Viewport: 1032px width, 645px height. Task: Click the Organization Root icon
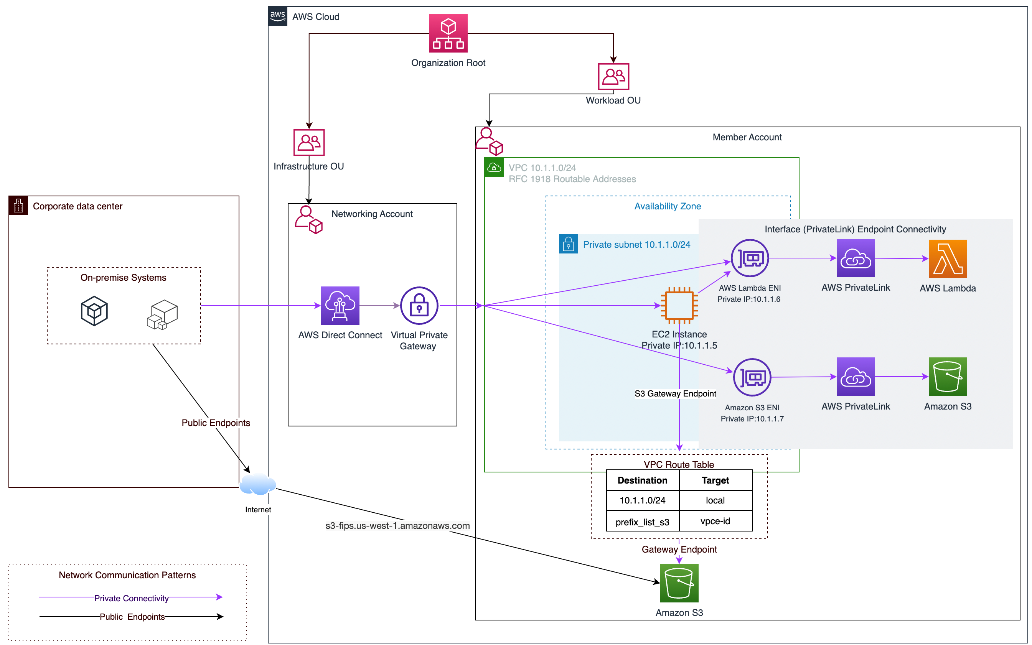tap(448, 33)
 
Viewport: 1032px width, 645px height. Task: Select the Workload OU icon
tap(613, 77)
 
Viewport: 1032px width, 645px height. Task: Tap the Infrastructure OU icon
tap(309, 143)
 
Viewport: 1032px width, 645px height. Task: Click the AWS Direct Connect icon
tap(340, 306)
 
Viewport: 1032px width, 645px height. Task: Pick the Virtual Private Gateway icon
tap(419, 306)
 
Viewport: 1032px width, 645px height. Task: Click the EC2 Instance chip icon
tap(679, 306)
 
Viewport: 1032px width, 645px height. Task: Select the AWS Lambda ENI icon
tap(750, 258)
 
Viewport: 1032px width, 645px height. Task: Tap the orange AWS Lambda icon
tap(948, 258)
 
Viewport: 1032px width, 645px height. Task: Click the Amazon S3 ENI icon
tap(752, 377)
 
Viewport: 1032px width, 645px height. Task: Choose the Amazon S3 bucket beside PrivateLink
tap(948, 377)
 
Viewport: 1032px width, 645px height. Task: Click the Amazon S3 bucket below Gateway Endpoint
tap(679, 583)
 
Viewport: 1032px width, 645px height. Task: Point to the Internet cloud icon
tap(258, 485)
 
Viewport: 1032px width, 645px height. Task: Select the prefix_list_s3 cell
tap(642, 522)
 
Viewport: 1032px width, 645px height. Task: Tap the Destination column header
tap(642, 480)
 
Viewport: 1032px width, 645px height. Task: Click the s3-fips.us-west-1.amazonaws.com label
tap(397, 526)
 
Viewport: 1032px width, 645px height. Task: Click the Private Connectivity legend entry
tap(131, 598)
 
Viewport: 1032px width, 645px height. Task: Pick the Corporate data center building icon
tap(18, 206)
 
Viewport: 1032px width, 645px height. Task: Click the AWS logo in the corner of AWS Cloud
tap(277, 16)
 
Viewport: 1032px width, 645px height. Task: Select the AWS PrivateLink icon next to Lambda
tap(855, 258)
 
